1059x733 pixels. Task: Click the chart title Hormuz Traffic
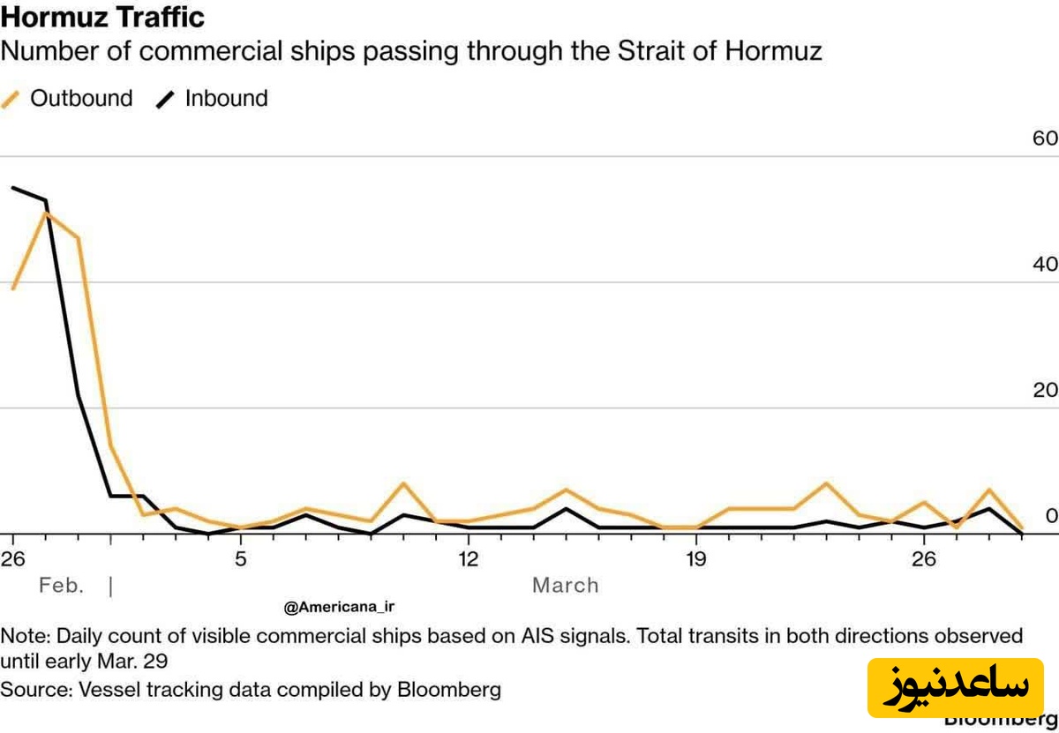[x=103, y=17]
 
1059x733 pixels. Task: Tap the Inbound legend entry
[x=213, y=98]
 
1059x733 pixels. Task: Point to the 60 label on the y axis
[x=1044, y=138]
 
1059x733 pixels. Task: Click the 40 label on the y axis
[x=1044, y=264]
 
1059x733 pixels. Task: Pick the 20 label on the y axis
[x=1044, y=390]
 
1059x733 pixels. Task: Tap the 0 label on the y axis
[x=1050, y=516]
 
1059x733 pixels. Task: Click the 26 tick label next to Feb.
[x=11, y=558]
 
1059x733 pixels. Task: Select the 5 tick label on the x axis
[x=240, y=558]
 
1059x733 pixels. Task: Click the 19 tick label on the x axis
[x=696, y=558]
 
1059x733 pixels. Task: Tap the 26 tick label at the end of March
[x=924, y=558]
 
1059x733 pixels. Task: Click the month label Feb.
[x=61, y=586]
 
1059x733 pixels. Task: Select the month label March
[x=565, y=586]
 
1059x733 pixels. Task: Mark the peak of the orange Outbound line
[x=45, y=213]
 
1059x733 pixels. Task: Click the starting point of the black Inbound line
[x=12, y=187]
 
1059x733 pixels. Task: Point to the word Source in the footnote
[x=33, y=689]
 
